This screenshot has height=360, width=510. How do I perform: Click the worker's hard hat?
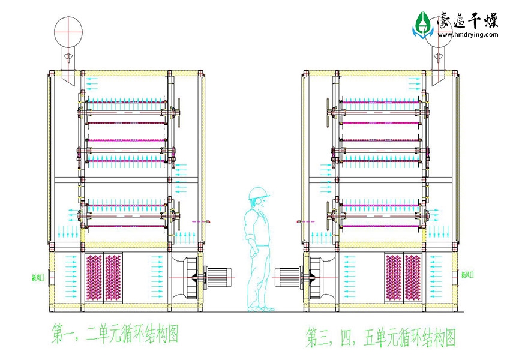coord(258,193)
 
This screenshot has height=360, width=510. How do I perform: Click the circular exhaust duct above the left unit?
coord(68,28)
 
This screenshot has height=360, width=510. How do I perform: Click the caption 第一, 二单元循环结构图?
coord(115,334)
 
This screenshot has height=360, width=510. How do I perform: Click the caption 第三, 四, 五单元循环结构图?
coord(382,337)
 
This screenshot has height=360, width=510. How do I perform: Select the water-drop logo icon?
coord(423,24)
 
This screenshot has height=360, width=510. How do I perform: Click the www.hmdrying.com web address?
coord(468,35)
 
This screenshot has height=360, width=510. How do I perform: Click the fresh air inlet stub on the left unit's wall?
coord(51,278)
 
